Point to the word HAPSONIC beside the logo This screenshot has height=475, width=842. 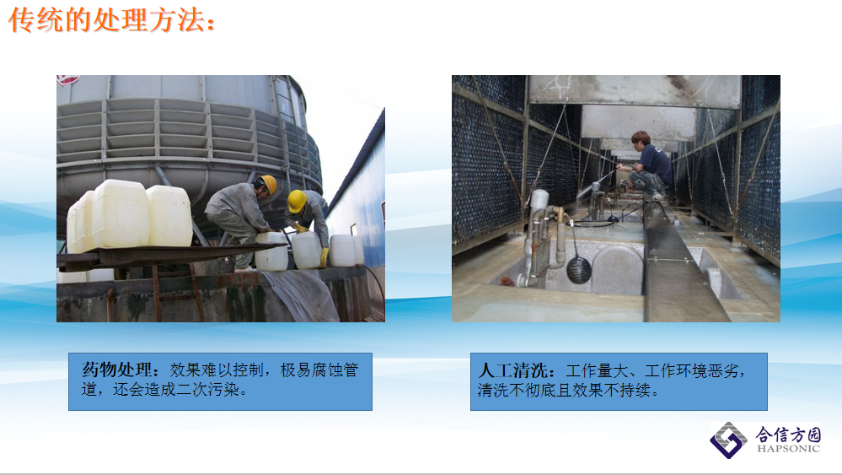click(x=788, y=449)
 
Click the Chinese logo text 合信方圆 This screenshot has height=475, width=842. click(x=788, y=434)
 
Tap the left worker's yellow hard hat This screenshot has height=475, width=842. click(x=268, y=184)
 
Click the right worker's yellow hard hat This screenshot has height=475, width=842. click(x=296, y=201)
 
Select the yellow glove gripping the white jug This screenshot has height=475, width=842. click(x=324, y=257)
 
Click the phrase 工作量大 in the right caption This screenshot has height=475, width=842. click(x=596, y=370)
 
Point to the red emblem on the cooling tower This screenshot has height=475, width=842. click(x=69, y=80)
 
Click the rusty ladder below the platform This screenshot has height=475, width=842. click(x=177, y=293)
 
